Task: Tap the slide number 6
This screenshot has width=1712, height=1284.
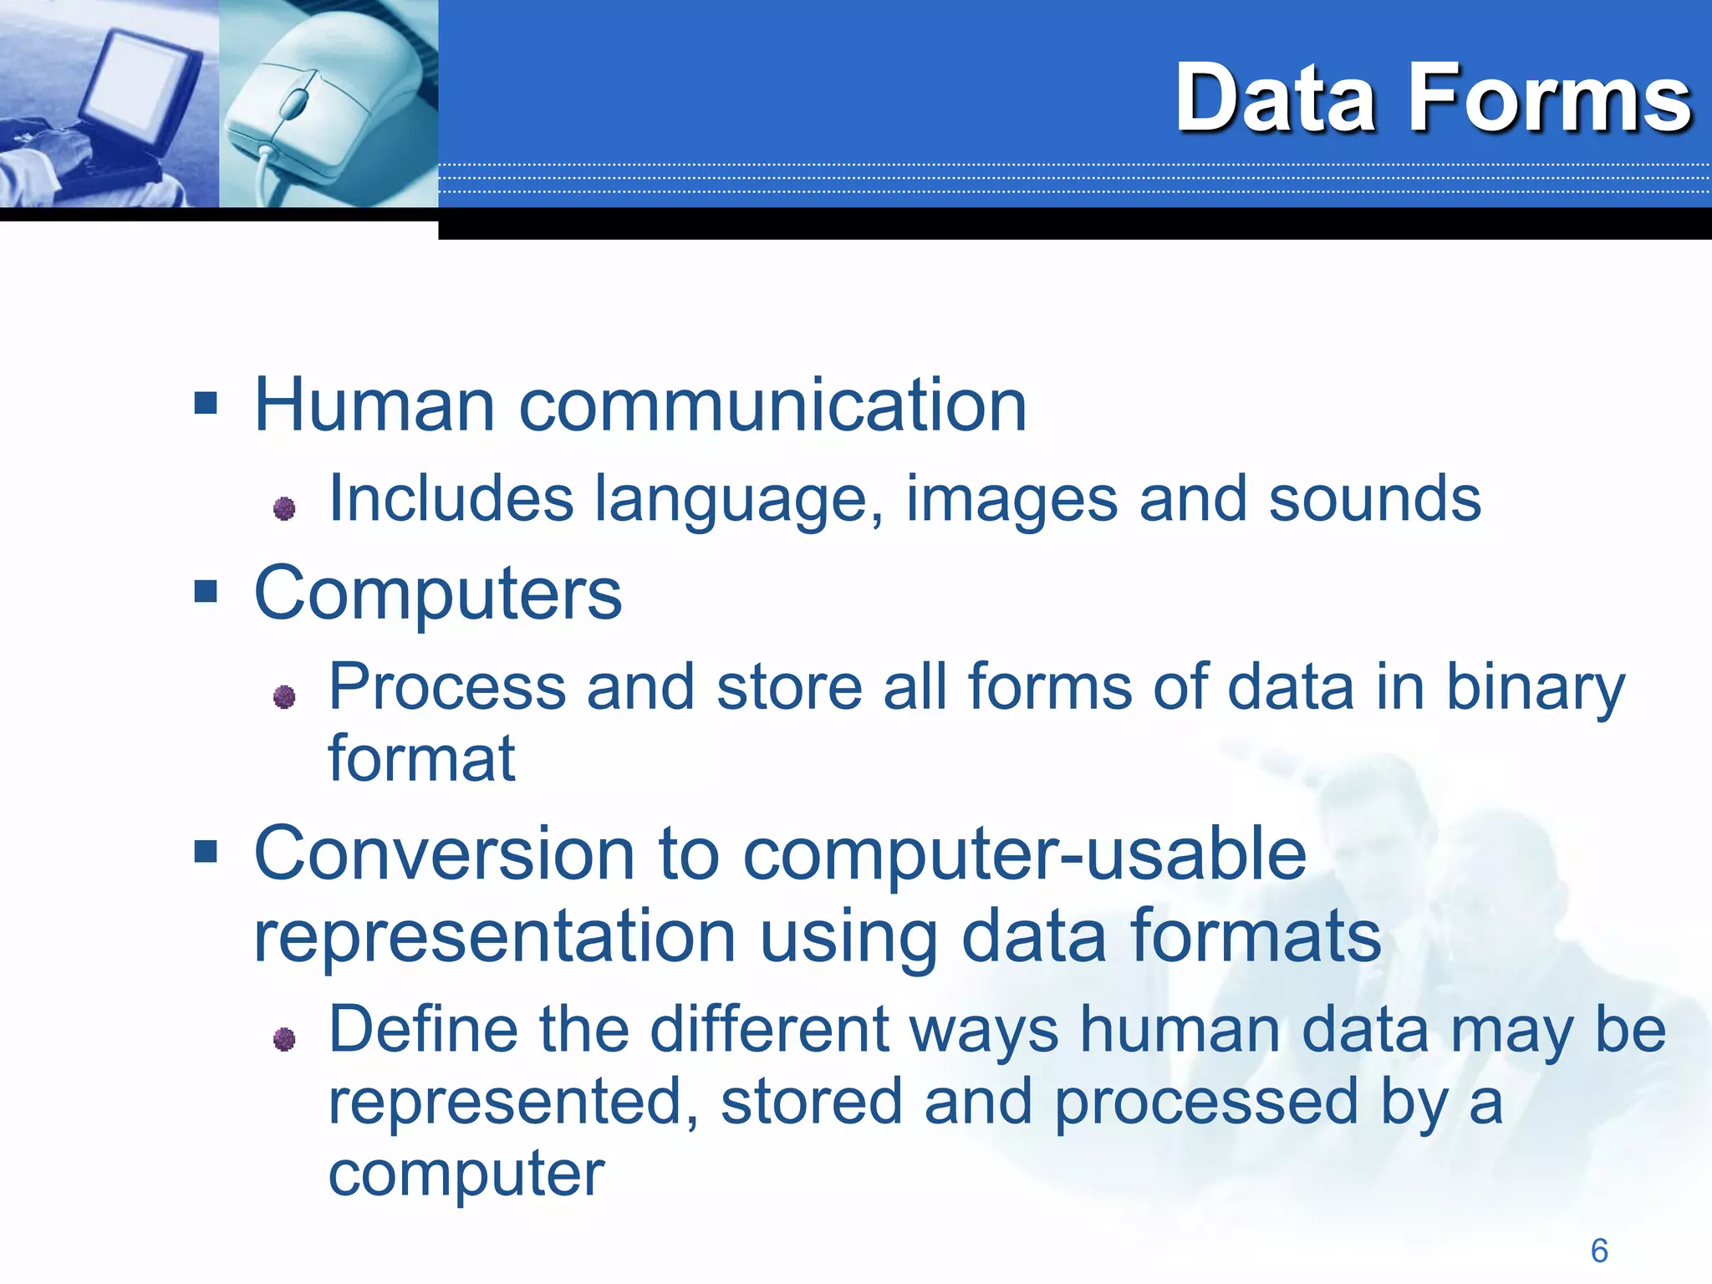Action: click(1599, 1251)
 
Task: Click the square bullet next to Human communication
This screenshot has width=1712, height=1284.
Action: click(206, 404)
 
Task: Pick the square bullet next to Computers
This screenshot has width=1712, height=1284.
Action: click(206, 592)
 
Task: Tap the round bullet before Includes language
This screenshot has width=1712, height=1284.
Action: click(284, 507)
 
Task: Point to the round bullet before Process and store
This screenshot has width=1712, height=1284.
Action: click(284, 695)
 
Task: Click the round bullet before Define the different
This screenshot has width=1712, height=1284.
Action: click(284, 1038)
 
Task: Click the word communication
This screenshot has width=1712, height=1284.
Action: click(772, 405)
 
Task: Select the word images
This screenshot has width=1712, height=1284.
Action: click(1011, 500)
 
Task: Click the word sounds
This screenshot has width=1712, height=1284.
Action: click(1374, 499)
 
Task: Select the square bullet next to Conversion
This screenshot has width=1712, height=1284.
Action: click(206, 852)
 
